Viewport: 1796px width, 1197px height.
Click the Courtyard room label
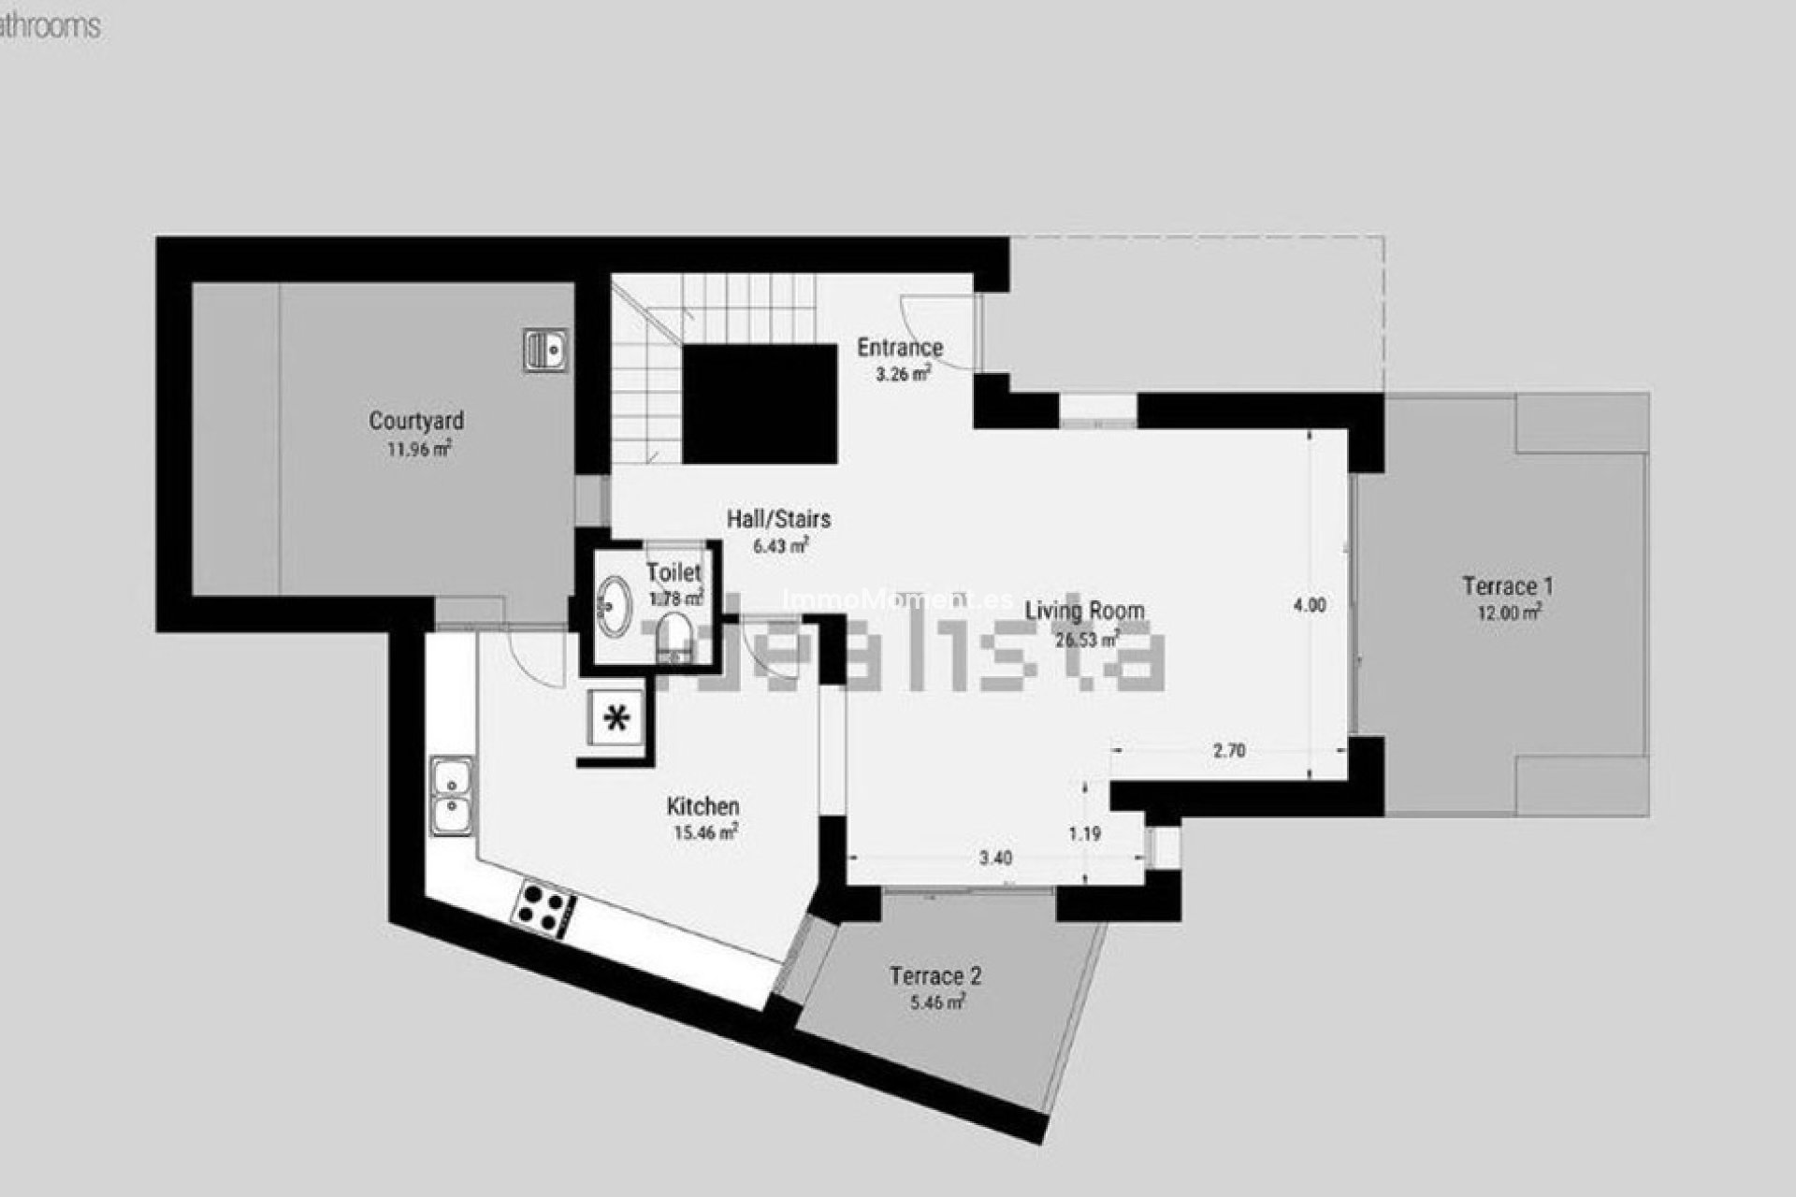click(416, 421)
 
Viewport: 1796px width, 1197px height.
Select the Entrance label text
click(900, 348)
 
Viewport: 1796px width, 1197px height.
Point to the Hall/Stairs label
click(779, 519)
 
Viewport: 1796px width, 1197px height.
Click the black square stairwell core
click(759, 403)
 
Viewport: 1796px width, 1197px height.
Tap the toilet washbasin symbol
click(615, 605)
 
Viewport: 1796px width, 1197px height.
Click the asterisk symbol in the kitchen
click(617, 718)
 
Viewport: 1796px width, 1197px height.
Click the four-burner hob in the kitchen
click(544, 905)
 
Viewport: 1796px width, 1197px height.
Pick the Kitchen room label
click(703, 806)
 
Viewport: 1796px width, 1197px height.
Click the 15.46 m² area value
click(705, 832)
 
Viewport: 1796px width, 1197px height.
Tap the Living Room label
click(1085, 612)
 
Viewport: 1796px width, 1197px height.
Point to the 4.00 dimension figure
click(1309, 605)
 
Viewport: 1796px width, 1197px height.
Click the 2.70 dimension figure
click(1228, 750)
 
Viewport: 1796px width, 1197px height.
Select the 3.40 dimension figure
click(995, 858)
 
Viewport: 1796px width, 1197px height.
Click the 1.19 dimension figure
click(1085, 833)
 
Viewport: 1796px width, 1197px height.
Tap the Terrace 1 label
click(1508, 586)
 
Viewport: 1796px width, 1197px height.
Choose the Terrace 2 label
click(935, 976)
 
